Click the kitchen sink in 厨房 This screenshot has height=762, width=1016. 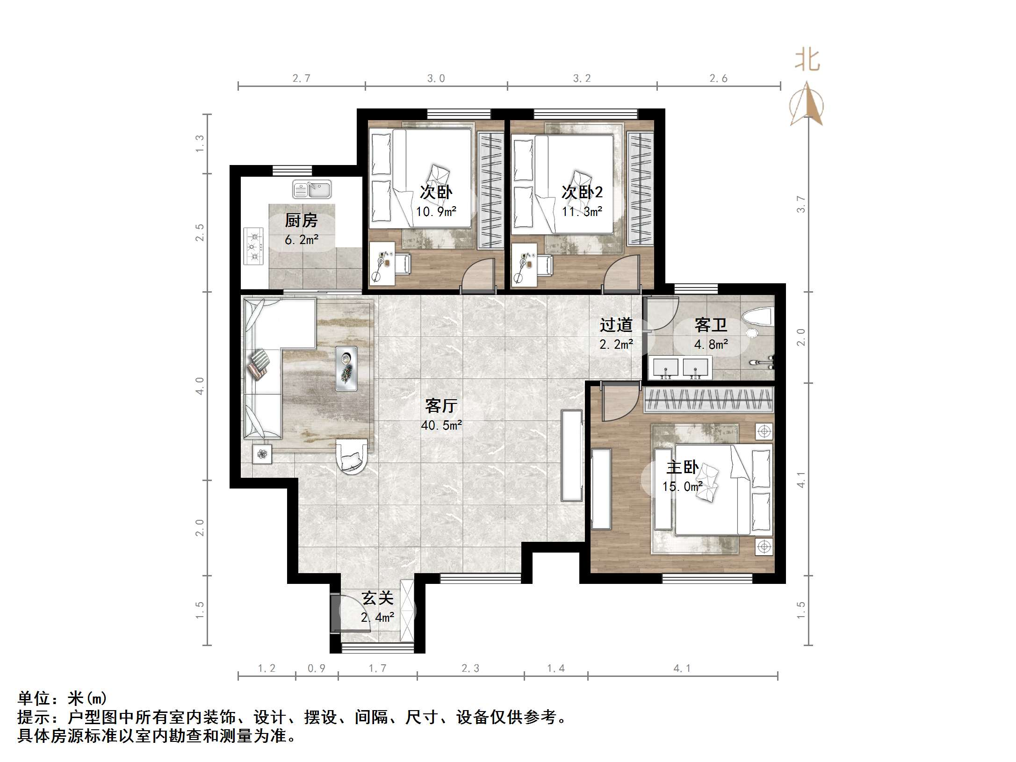(x=312, y=189)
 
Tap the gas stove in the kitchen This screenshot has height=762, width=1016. (x=253, y=246)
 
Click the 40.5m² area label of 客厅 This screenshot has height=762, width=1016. (x=441, y=425)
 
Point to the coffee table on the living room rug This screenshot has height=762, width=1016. (x=346, y=368)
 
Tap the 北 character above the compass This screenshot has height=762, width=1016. (x=807, y=61)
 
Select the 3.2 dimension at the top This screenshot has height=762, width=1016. (x=582, y=79)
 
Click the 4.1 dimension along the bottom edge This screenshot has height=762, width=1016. (x=682, y=669)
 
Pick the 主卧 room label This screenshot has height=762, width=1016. (x=683, y=467)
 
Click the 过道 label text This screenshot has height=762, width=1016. (x=616, y=324)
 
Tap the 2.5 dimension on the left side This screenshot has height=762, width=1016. (x=200, y=232)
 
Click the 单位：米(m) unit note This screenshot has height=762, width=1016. (x=62, y=698)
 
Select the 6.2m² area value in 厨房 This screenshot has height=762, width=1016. (x=302, y=240)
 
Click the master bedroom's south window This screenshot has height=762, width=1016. (x=707, y=579)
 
